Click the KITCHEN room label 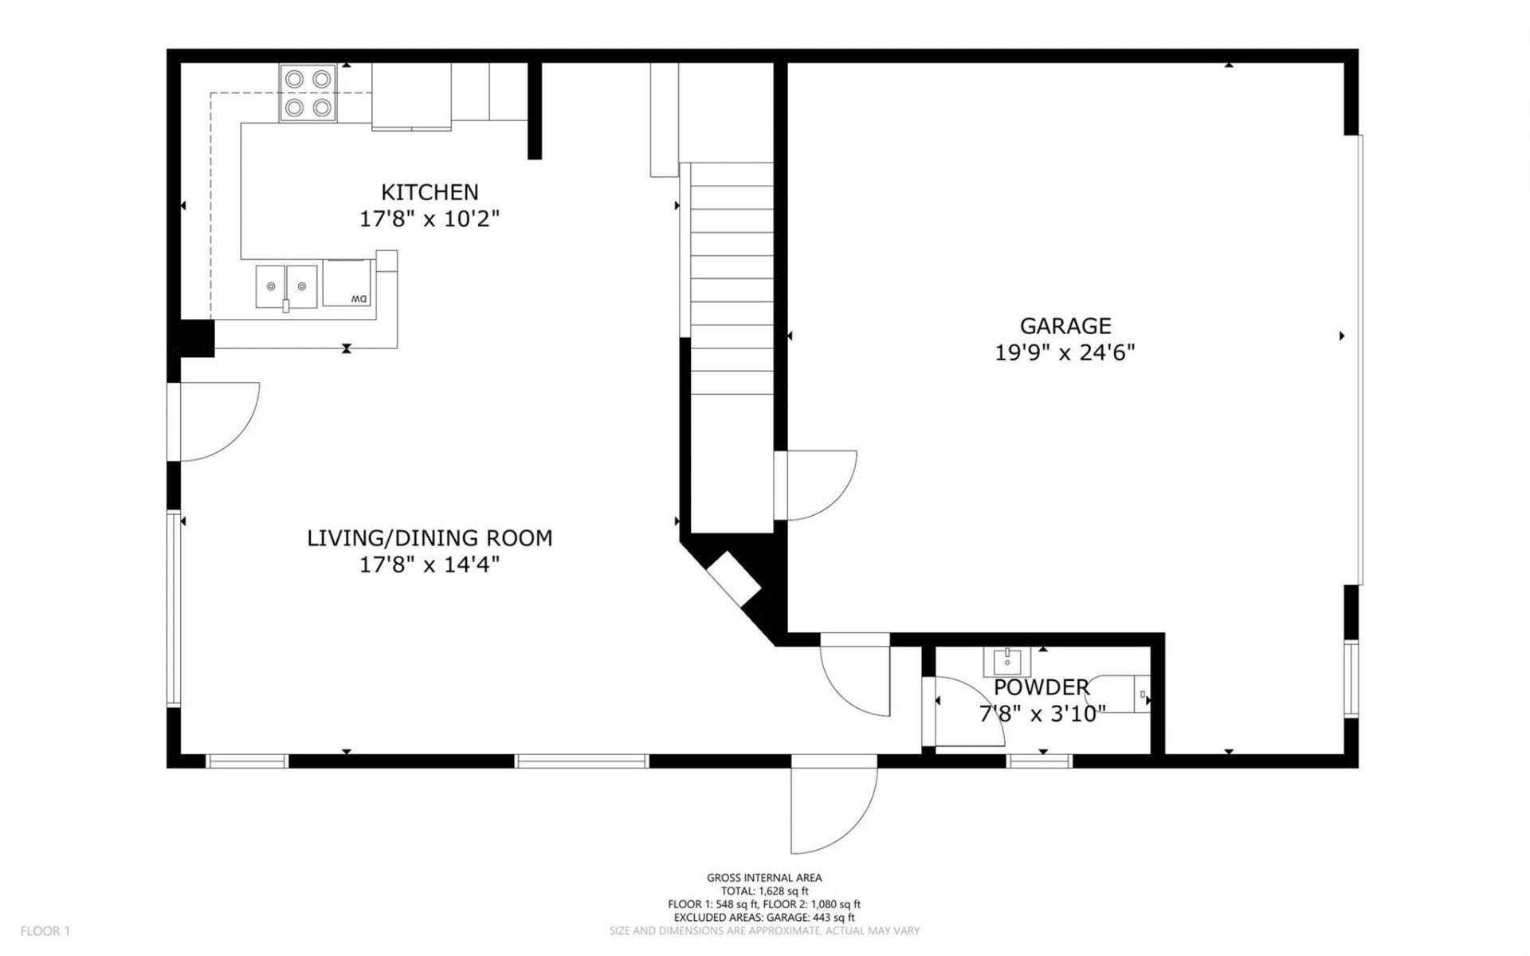[430, 192]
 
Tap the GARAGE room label [1065, 325]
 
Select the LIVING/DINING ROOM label [430, 538]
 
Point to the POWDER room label [1041, 687]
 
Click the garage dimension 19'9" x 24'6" [1065, 352]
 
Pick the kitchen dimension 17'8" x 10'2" [430, 218]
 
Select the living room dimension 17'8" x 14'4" [430, 565]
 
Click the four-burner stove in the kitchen [308, 92]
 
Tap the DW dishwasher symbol [347, 283]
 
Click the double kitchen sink [286, 286]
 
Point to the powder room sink [1007, 661]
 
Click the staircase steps [732, 279]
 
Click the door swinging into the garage [817, 486]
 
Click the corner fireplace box [734, 580]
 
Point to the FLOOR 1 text [45, 930]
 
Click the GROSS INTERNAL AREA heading [764, 878]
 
